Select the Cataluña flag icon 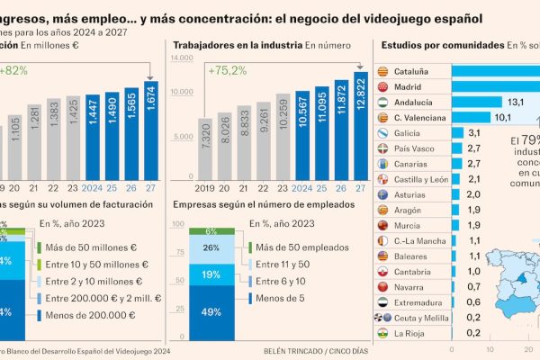[x=382, y=70]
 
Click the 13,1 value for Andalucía [x=511, y=103]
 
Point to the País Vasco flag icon [x=382, y=148]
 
